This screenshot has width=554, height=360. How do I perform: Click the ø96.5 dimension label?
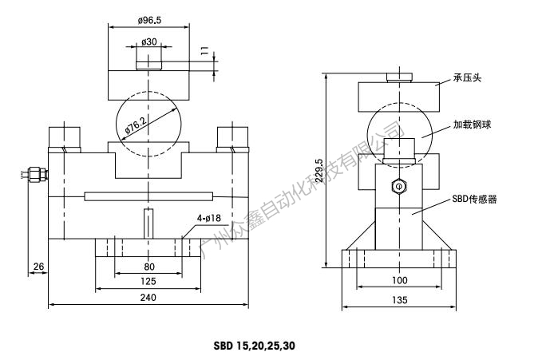click(x=149, y=19)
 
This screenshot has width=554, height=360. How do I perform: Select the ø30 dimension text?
click(x=148, y=42)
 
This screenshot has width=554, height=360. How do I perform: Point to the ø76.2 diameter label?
click(x=134, y=124)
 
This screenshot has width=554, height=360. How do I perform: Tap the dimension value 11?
click(x=204, y=53)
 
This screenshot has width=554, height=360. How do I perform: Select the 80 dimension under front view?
click(x=148, y=267)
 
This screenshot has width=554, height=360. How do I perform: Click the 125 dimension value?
click(x=148, y=281)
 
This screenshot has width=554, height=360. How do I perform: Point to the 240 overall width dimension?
click(x=148, y=297)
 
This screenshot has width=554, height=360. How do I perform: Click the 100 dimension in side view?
click(x=400, y=280)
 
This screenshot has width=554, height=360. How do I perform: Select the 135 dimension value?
click(x=400, y=299)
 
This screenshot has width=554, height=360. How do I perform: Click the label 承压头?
click(x=468, y=77)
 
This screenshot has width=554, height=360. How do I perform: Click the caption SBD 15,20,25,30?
click(x=255, y=346)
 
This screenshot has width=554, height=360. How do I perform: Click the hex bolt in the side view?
click(x=398, y=186)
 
